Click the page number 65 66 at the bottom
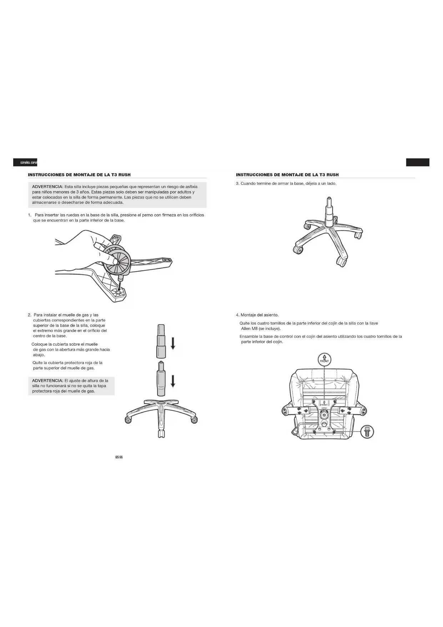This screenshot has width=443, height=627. (x=119, y=458)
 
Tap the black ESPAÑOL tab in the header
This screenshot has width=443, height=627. (x=25, y=162)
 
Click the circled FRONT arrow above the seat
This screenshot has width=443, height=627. (x=324, y=359)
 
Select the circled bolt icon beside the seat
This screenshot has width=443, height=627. (x=367, y=432)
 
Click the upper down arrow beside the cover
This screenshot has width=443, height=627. (x=173, y=344)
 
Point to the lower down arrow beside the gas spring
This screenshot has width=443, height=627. (x=173, y=381)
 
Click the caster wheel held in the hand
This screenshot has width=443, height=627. (x=117, y=260)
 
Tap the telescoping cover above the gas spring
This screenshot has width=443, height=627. (x=161, y=341)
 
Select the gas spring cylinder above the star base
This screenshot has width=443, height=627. (x=161, y=380)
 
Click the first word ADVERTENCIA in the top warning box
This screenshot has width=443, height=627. (x=47, y=187)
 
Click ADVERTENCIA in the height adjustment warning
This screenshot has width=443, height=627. (x=47, y=381)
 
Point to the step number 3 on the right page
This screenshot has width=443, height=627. (x=237, y=184)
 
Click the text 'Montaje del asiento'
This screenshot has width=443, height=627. (x=260, y=315)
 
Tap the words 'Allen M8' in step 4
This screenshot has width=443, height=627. (x=250, y=329)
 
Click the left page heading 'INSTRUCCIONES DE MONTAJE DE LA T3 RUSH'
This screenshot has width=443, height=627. (x=79, y=175)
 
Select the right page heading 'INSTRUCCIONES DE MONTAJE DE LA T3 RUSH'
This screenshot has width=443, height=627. (x=287, y=175)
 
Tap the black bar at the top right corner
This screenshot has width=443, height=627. (x=418, y=162)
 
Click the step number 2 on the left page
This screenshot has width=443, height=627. (x=29, y=315)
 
